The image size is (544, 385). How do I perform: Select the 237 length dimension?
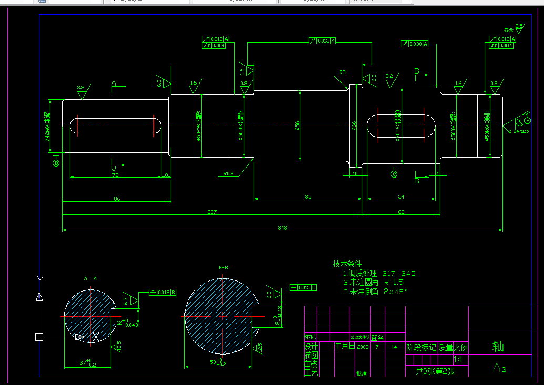[211, 212]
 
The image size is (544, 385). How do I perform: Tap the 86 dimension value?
[117, 199]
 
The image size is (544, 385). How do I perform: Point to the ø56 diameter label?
[297, 126]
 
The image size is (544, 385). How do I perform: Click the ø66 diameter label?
[354, 126]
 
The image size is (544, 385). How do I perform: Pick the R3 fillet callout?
[342, 72]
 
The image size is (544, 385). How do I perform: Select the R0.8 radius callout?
[228, 173]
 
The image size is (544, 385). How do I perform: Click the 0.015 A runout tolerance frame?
[322, 40]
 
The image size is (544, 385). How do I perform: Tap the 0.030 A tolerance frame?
[414, 44]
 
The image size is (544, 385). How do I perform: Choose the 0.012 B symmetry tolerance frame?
[162, 292]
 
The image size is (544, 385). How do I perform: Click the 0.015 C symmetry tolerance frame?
[304, 288]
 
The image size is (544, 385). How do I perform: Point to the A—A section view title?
[90, 279]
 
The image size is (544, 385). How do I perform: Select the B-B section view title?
[223, 268]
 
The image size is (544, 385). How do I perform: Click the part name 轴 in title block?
[498, 346]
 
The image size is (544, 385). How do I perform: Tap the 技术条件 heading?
[347, 263]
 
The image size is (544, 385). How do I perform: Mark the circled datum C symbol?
[394, 174]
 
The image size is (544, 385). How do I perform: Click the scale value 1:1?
[458, 360]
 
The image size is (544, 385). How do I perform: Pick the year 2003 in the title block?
[363, 347]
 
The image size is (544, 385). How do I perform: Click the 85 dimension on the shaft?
[308, 197]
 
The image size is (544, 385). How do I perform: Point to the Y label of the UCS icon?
[39, 278]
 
